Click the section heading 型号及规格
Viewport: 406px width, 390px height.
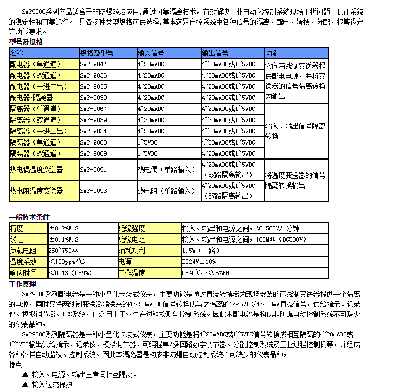[x=26, y=42]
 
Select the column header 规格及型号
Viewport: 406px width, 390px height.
[x=96, y=53]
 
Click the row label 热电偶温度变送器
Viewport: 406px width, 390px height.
[x=36, y=169]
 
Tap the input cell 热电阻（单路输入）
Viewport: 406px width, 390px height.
[x=166, y=191]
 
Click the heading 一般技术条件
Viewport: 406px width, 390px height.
[x=30, y=217]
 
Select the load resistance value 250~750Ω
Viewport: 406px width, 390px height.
[x=63, y=251]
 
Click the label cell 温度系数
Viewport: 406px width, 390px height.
[x=23, y=262]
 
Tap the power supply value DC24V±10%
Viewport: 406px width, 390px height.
[x=199, y=262]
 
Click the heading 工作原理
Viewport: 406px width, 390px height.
[x=23, y=284]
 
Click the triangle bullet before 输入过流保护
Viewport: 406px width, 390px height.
[x=25, y=384]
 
